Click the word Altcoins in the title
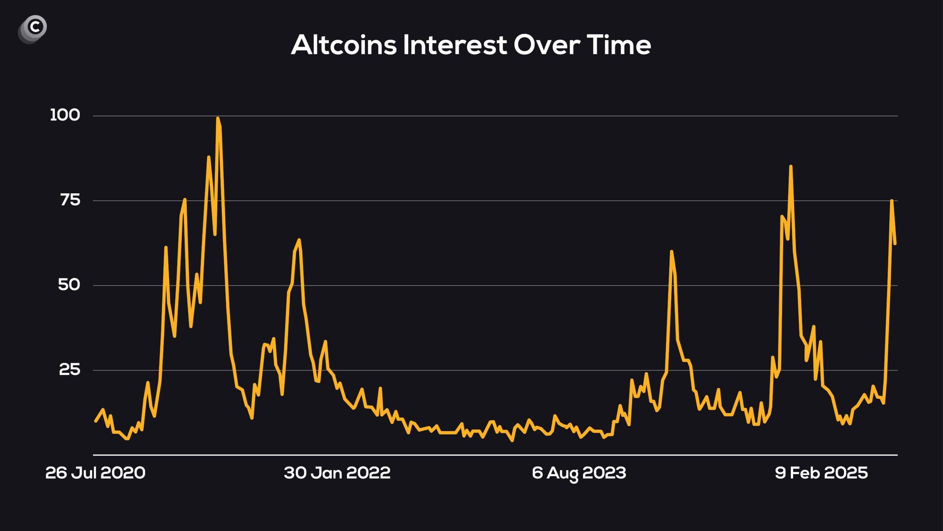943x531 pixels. pos(344,45)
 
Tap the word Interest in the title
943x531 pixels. pos(455,45)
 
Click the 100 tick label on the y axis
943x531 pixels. pos(65,115)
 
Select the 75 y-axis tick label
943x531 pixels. pos(70,200)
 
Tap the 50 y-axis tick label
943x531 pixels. pos(69,285)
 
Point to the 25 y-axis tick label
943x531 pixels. pos(70,369)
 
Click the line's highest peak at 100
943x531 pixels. pos(218,118)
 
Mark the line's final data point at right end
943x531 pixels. pos(895,244)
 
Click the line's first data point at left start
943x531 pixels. pos(96,421)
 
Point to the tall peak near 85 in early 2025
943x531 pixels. pos(791,167)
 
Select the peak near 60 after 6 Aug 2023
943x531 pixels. pos(672,251)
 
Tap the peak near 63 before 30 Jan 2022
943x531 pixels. pos(299,240)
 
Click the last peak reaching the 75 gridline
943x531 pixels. pos(891,201)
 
